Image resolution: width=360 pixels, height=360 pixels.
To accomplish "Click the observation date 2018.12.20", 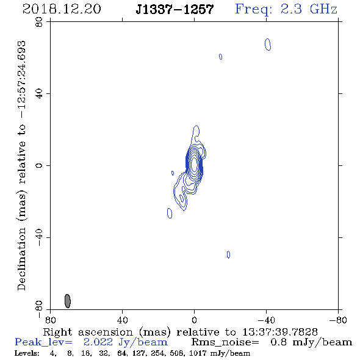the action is (62, 9).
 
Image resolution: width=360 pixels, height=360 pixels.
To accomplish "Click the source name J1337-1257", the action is (175, 9).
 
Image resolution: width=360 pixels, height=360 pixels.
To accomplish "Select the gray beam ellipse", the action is (68, 301).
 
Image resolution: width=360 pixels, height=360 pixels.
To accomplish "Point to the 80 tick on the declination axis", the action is (39, 22).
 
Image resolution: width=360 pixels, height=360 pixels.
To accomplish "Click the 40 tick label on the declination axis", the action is (39, 94).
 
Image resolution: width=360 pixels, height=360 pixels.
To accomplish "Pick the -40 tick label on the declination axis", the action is (39, 237).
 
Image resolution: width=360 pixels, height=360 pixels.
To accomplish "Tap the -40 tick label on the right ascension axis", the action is (266, 320).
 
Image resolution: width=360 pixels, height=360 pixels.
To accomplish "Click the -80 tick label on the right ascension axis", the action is (338, 320).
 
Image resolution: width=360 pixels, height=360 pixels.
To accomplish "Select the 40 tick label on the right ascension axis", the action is (123, 320).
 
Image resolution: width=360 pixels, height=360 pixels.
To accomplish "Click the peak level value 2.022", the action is (98, 342).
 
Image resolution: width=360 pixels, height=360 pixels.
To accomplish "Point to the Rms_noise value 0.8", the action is (278, 342).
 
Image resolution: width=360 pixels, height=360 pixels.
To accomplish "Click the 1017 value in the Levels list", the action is (196, 353).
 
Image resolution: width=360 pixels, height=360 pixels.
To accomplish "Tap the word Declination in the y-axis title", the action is (21, 259).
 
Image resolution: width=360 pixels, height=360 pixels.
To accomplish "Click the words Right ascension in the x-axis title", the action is (88, 332).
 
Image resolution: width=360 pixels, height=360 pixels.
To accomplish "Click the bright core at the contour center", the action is (194, 164).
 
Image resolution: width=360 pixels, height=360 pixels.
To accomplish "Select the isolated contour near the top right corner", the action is (268, 45).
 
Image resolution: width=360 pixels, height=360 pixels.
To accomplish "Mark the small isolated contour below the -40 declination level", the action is (228, 254).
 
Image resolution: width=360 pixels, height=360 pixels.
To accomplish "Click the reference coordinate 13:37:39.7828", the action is (280, 332).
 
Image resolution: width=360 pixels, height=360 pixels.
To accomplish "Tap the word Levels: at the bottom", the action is (27, 353).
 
